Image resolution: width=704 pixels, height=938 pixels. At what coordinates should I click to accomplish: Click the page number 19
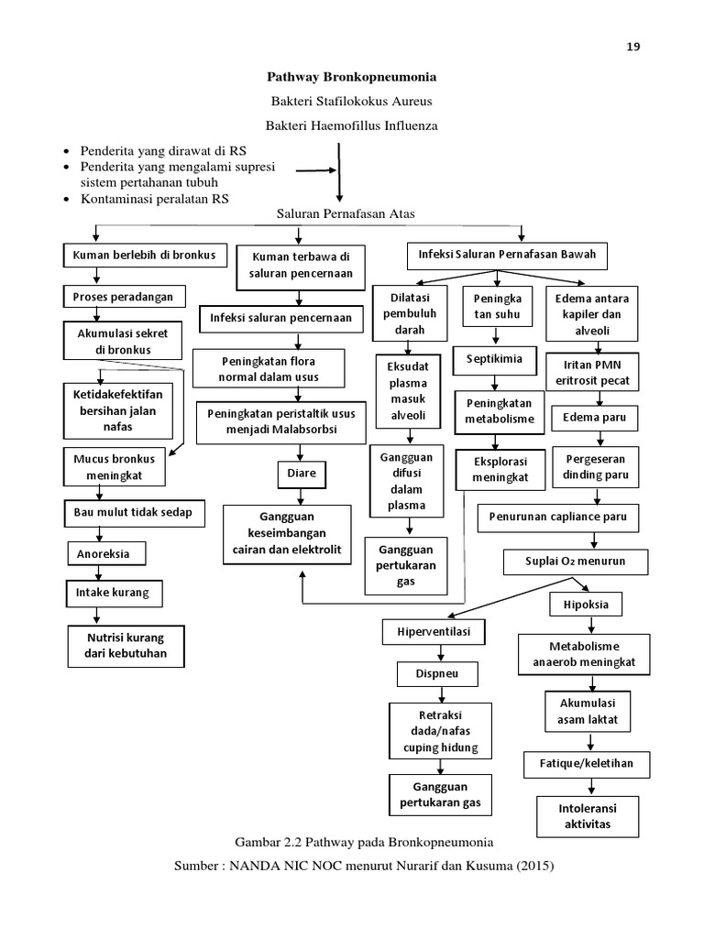pyautogui.click(x=633, y=47)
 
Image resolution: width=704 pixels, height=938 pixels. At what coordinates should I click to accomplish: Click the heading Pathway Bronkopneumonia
pyautogui.click(x=351, y=77)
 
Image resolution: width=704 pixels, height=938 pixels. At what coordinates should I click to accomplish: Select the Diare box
pyautogui.click(x=302, y=474)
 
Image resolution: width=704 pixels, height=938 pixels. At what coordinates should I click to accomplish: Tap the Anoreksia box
pyautogui.click(x=106, y=554)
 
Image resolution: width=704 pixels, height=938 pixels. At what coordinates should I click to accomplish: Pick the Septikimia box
pyautogui.click(x=494, y=359)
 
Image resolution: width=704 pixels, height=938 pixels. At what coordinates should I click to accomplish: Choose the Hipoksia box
pyautogui.click(x=586, y=605)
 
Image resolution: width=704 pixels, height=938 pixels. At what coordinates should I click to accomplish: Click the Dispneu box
pyautogui.click(x=437, y=673)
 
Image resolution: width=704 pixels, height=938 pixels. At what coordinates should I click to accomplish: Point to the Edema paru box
pyautogui.click(x=594, y=418)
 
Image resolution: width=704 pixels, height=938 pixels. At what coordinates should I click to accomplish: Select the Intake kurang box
pyautogui.click(x=114, y=594)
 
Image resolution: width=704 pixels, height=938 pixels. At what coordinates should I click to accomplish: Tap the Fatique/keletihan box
pyautogui.click(x=587, y=764)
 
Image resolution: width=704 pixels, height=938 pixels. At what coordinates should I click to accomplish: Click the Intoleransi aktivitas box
pyautogui.click(x=588, y=816)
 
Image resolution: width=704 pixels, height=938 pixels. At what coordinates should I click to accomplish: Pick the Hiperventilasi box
pyautogui.click(x=434, y=632)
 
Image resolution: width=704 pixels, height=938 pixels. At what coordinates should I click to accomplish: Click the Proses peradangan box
pyautogui.click(x=125, y=297)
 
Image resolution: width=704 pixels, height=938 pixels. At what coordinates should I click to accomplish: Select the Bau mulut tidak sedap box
pyautogui.click(x=134, y=513)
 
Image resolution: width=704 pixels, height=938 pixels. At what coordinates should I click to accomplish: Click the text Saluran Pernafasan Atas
pyautogui.click(x=346, y=213)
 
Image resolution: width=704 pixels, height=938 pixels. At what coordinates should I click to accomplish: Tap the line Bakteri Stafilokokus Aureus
pyautogui.click(x=351, y=101)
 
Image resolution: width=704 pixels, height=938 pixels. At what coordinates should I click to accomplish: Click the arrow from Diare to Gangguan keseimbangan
pyautogui.click(x=301, y=496)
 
